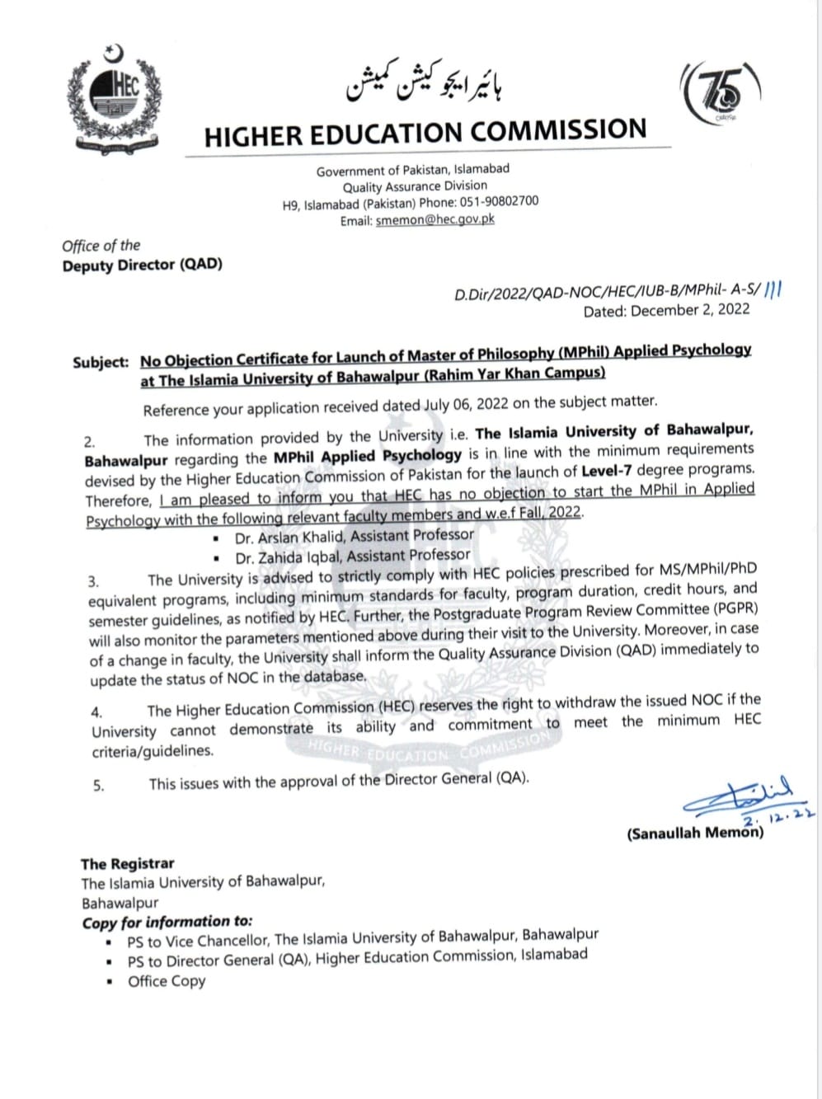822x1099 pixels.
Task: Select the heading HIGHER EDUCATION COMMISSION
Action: point(425,132)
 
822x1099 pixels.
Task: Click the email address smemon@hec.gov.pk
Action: point(434,220)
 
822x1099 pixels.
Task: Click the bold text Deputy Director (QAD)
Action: point(142,265)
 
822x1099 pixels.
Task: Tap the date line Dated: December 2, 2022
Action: point(666,311)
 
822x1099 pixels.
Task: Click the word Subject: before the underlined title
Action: point(101,362)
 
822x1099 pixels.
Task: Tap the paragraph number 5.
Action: point(99,786)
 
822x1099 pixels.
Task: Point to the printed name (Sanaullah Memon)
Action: point(694,833)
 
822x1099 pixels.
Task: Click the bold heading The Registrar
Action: point(127,863)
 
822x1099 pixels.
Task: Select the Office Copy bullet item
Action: point(167,981)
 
